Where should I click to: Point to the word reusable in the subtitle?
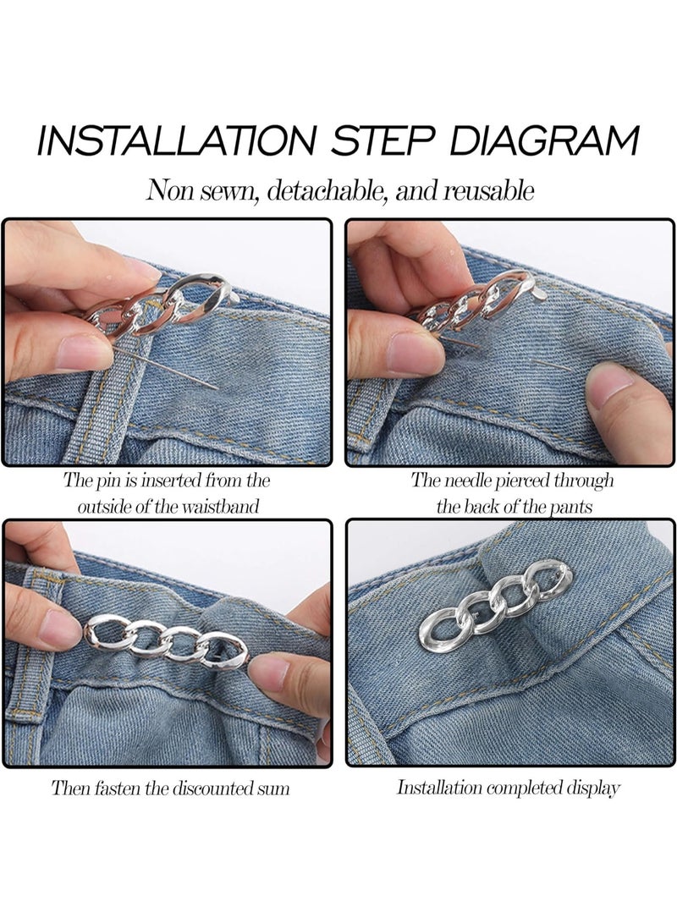(488, 190)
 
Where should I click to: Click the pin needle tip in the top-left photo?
(217, 387)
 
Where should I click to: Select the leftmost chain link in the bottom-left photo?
(102, 631)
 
